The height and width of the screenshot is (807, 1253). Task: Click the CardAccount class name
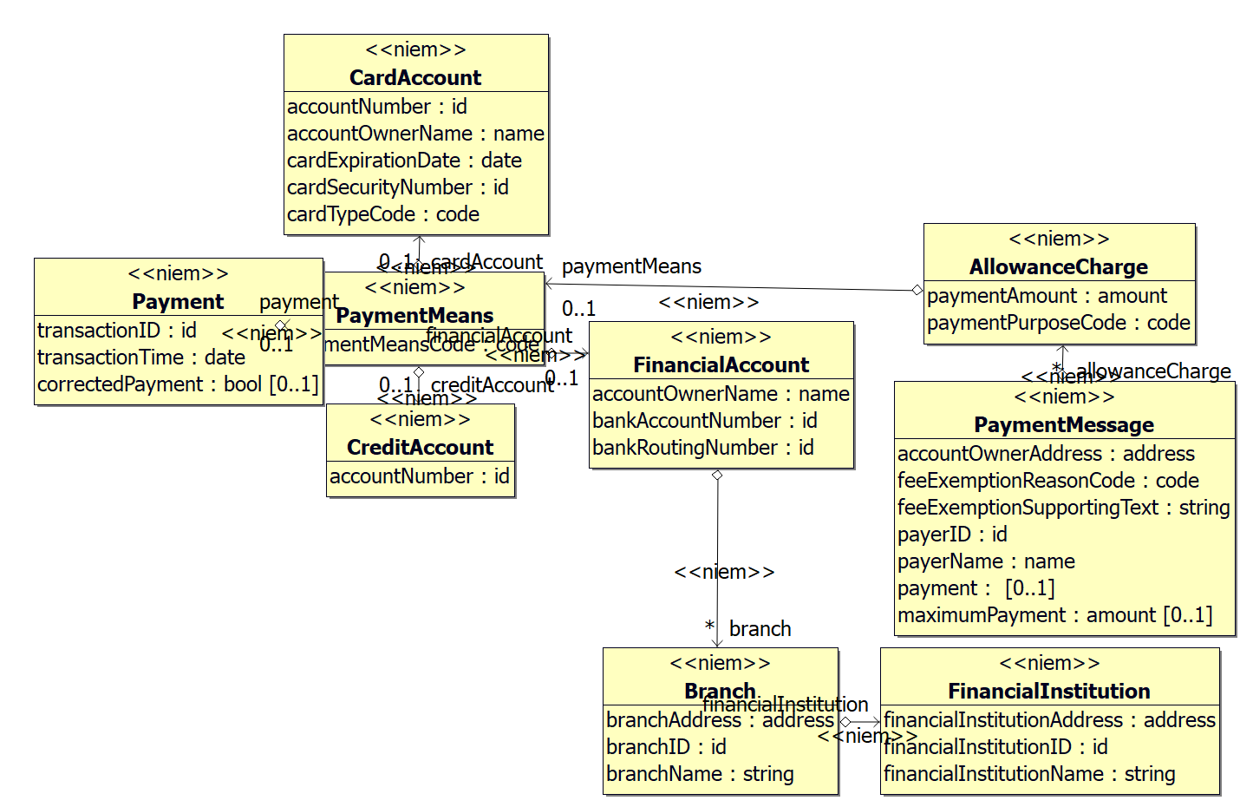click(x=415, y=77)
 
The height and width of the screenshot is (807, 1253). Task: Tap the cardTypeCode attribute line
click(x=382, y=214)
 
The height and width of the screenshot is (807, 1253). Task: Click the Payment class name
click(x=178, y=302)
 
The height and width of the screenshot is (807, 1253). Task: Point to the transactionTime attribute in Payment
click(x=141, y=358)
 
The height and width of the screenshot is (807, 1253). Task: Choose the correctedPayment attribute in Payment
click(x=178, y=384)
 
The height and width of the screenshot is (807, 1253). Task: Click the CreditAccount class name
click(x=420, y=448)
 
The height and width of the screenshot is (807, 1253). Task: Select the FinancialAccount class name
click(x=721, y=365)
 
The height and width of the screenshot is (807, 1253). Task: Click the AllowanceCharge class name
click(x=1058, y=267)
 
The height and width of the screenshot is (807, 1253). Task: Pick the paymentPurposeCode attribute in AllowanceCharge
click(x=1058, y=323)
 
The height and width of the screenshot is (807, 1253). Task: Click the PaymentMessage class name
click(x=1064, y=425)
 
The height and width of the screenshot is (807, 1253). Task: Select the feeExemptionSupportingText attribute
click(x=1063, y=508)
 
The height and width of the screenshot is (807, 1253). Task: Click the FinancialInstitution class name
click(x=1049, y=692)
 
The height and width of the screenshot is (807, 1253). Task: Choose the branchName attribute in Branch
click(x=700, y=774)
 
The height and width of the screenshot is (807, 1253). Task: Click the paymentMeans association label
click(x=631, y=267)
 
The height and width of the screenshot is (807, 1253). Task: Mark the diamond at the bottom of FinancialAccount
click(x=717, y=476)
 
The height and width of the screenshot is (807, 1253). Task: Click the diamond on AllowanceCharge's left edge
click(x=917, y=291)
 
